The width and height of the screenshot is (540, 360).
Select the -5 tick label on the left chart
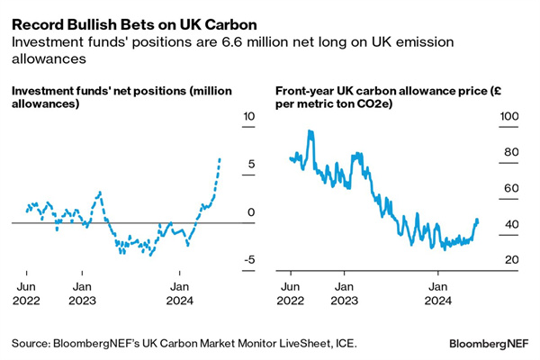click(250, 260)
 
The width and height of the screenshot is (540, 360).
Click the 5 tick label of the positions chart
click(250, 164)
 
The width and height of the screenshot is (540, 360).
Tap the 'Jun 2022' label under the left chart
click(26, 293)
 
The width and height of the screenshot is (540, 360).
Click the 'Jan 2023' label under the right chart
click(343, 293)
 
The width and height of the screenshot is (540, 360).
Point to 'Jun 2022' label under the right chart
click(290, 293)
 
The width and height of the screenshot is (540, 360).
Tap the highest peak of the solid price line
click(310, 131)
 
